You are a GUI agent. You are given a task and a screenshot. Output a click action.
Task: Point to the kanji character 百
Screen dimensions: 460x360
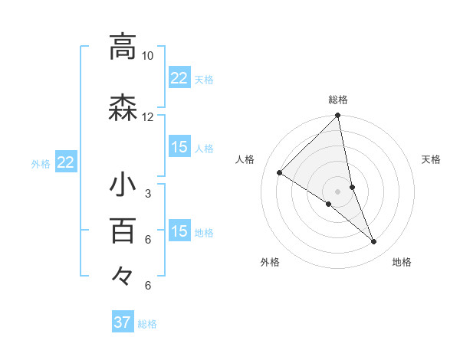[123, 230]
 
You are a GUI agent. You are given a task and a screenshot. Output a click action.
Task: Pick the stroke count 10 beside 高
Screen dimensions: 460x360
[148, 56]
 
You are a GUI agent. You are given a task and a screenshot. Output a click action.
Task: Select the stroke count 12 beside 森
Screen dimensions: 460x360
[148, 117]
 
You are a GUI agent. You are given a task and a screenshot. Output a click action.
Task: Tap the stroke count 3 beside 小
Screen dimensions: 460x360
[148, 193]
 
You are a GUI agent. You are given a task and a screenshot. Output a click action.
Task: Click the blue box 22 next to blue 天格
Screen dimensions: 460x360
[179, 77]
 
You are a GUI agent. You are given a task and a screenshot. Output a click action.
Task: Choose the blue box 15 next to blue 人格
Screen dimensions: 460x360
[179, 147]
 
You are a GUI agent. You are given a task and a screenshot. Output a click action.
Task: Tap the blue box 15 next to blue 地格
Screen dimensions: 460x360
[179, 231]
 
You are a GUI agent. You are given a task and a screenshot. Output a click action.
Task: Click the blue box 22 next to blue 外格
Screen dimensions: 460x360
[65, 162]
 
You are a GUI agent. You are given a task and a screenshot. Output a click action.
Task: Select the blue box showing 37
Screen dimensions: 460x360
[123, 322]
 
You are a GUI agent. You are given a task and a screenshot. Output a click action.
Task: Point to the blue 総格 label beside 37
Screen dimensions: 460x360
[147, 324]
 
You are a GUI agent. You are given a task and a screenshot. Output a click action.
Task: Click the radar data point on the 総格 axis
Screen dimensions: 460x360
[338, 116]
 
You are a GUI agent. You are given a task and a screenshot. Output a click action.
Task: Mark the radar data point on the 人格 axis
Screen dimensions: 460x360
[279, 173]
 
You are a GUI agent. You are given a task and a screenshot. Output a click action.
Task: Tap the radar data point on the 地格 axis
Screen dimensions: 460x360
[374, 242]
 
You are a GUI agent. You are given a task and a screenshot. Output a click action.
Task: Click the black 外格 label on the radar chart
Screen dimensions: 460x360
[270, 263]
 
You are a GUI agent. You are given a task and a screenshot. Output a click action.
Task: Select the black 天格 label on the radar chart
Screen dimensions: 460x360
[431, 159]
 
